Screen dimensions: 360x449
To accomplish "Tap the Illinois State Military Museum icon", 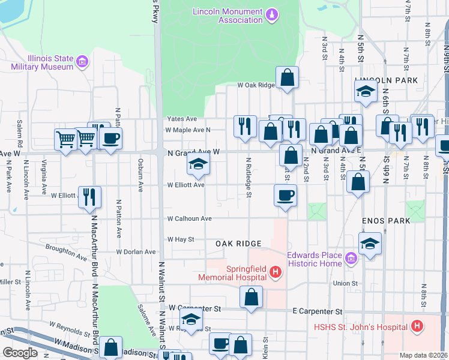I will click(82, 61).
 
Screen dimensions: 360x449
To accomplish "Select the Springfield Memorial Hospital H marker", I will click(275, 274).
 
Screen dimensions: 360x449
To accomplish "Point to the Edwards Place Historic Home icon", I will click(351, 259).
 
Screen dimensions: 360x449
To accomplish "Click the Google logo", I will click(20, 352).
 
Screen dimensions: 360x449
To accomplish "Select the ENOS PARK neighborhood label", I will click(386, 221).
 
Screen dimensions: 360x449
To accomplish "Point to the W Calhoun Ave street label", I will click(189, 219).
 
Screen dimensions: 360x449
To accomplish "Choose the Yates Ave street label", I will click(182, 119).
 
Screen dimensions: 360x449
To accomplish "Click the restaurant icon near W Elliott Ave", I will click(89, 196).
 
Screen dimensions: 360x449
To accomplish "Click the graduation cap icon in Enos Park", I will click(370, 243).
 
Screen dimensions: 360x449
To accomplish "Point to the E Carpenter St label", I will click(317, 311).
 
